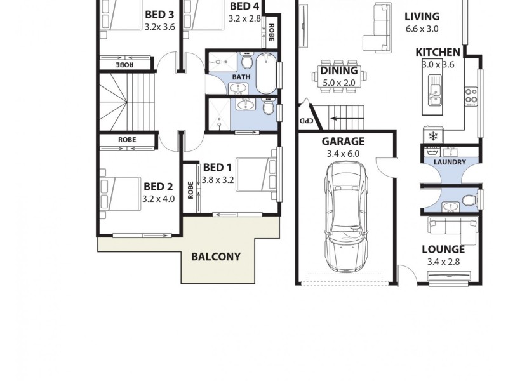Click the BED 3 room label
(159, 15)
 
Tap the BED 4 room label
(244, 6)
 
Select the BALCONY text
(216, 257)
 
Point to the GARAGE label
(342, 142)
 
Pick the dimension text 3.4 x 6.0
(342, 153)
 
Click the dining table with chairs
(338, 78)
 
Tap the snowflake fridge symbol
(432, 136)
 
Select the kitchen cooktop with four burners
(471, 95)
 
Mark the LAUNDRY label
(450, 163)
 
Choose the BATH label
(241, 77)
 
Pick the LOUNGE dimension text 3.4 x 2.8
(448, 261)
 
